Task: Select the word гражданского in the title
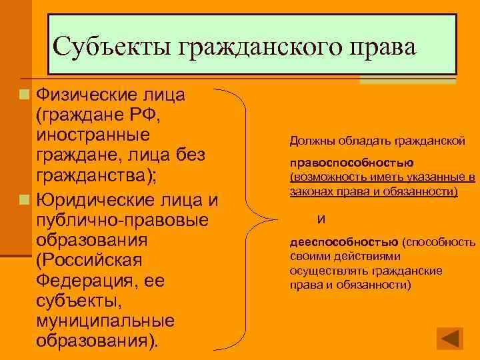265,47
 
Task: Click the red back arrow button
450,338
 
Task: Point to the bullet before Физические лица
24,95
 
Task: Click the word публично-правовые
123,219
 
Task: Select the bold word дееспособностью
344,242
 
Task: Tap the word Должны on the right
311,141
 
